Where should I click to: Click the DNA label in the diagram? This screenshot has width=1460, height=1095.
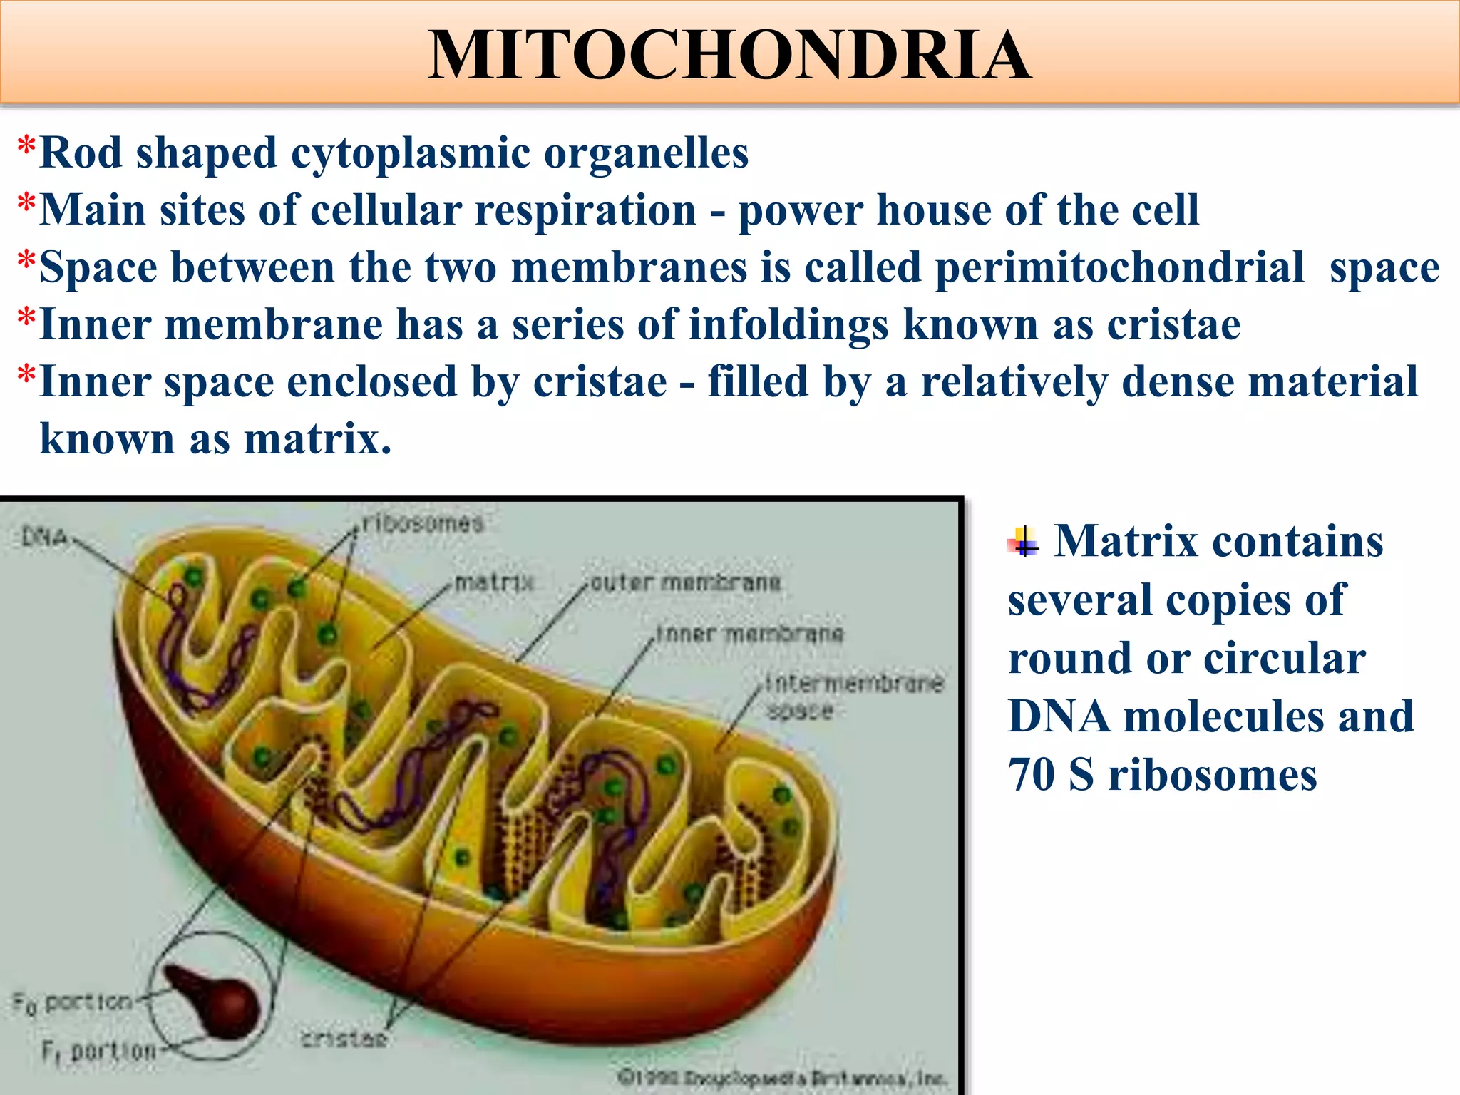point(44,536)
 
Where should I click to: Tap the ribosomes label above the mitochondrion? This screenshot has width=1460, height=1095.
point(423,523)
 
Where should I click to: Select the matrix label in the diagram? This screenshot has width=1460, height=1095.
point(494,582)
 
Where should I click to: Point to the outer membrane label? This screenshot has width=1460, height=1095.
point(686,582)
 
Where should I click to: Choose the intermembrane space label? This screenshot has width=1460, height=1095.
point(853,696)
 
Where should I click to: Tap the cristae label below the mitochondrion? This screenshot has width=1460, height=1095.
point(344,1038)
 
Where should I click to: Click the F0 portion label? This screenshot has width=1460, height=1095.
point(73,1003)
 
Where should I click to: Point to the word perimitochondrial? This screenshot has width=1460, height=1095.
point(1119,267)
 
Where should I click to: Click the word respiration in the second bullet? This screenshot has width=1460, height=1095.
point(585,210)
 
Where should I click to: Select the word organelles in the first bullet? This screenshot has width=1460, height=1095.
point(646,153)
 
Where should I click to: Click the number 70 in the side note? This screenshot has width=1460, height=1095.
point(1031,774)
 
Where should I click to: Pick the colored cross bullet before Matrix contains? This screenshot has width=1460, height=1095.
point(1024,543)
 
